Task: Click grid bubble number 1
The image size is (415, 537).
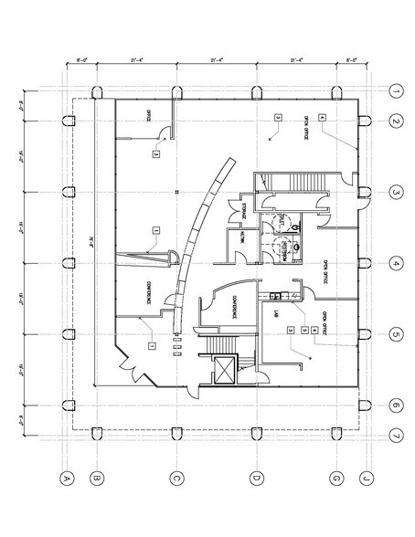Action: [396, 91]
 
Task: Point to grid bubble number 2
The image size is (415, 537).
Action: [396, 121]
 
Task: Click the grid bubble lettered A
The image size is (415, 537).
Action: [66, 477]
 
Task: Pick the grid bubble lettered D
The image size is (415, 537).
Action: [257, 477]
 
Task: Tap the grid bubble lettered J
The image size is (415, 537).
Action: [365, 477]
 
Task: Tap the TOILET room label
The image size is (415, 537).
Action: [282, 220]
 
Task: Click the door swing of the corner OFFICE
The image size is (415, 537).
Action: [161, 136]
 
